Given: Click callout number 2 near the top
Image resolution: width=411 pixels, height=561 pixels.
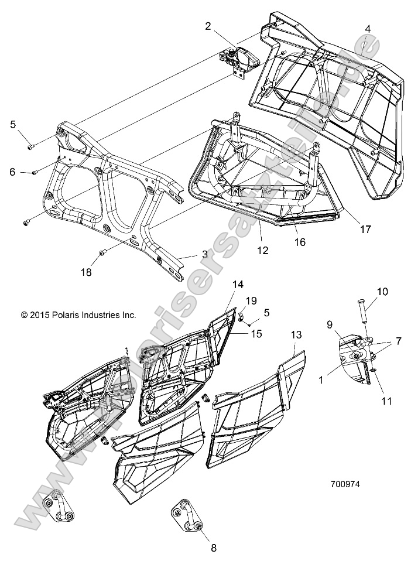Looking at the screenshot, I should click(207, 25).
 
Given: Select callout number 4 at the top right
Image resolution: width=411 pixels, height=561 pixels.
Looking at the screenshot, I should click(367, 29).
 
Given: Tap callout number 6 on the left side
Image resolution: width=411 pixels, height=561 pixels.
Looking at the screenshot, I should click(12, 172).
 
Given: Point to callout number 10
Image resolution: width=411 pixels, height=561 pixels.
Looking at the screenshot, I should click(382, 292).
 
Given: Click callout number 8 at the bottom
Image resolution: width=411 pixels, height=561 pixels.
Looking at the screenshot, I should click(213, 548).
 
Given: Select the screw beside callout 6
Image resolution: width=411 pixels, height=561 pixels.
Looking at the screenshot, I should click(35, 172).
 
